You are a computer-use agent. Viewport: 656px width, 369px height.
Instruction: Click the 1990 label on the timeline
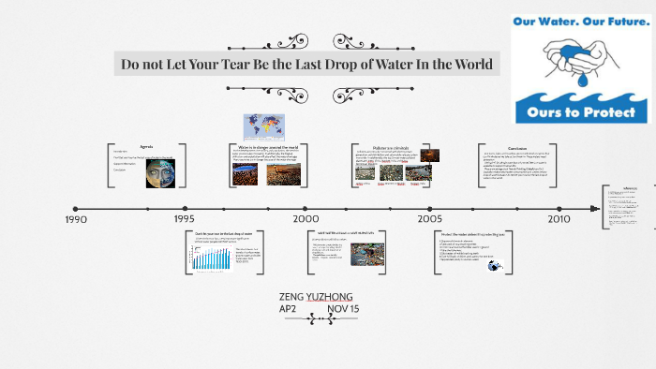click(x=76, y=219)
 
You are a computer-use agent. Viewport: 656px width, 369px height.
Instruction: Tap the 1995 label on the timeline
click(x=185, y=219)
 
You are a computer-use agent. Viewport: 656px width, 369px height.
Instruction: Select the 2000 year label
click(x=306, y=219)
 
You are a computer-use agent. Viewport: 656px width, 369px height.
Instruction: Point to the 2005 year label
click(x=430, y=219)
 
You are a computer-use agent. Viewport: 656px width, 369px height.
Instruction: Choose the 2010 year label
click(x=559, y=219)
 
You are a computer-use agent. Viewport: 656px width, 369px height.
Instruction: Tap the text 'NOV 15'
click(x=343, y=309)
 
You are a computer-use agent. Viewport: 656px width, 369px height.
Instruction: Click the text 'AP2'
click(x=288, y=309)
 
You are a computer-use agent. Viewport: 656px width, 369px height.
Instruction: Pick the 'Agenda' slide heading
click(x=146, y=147)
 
